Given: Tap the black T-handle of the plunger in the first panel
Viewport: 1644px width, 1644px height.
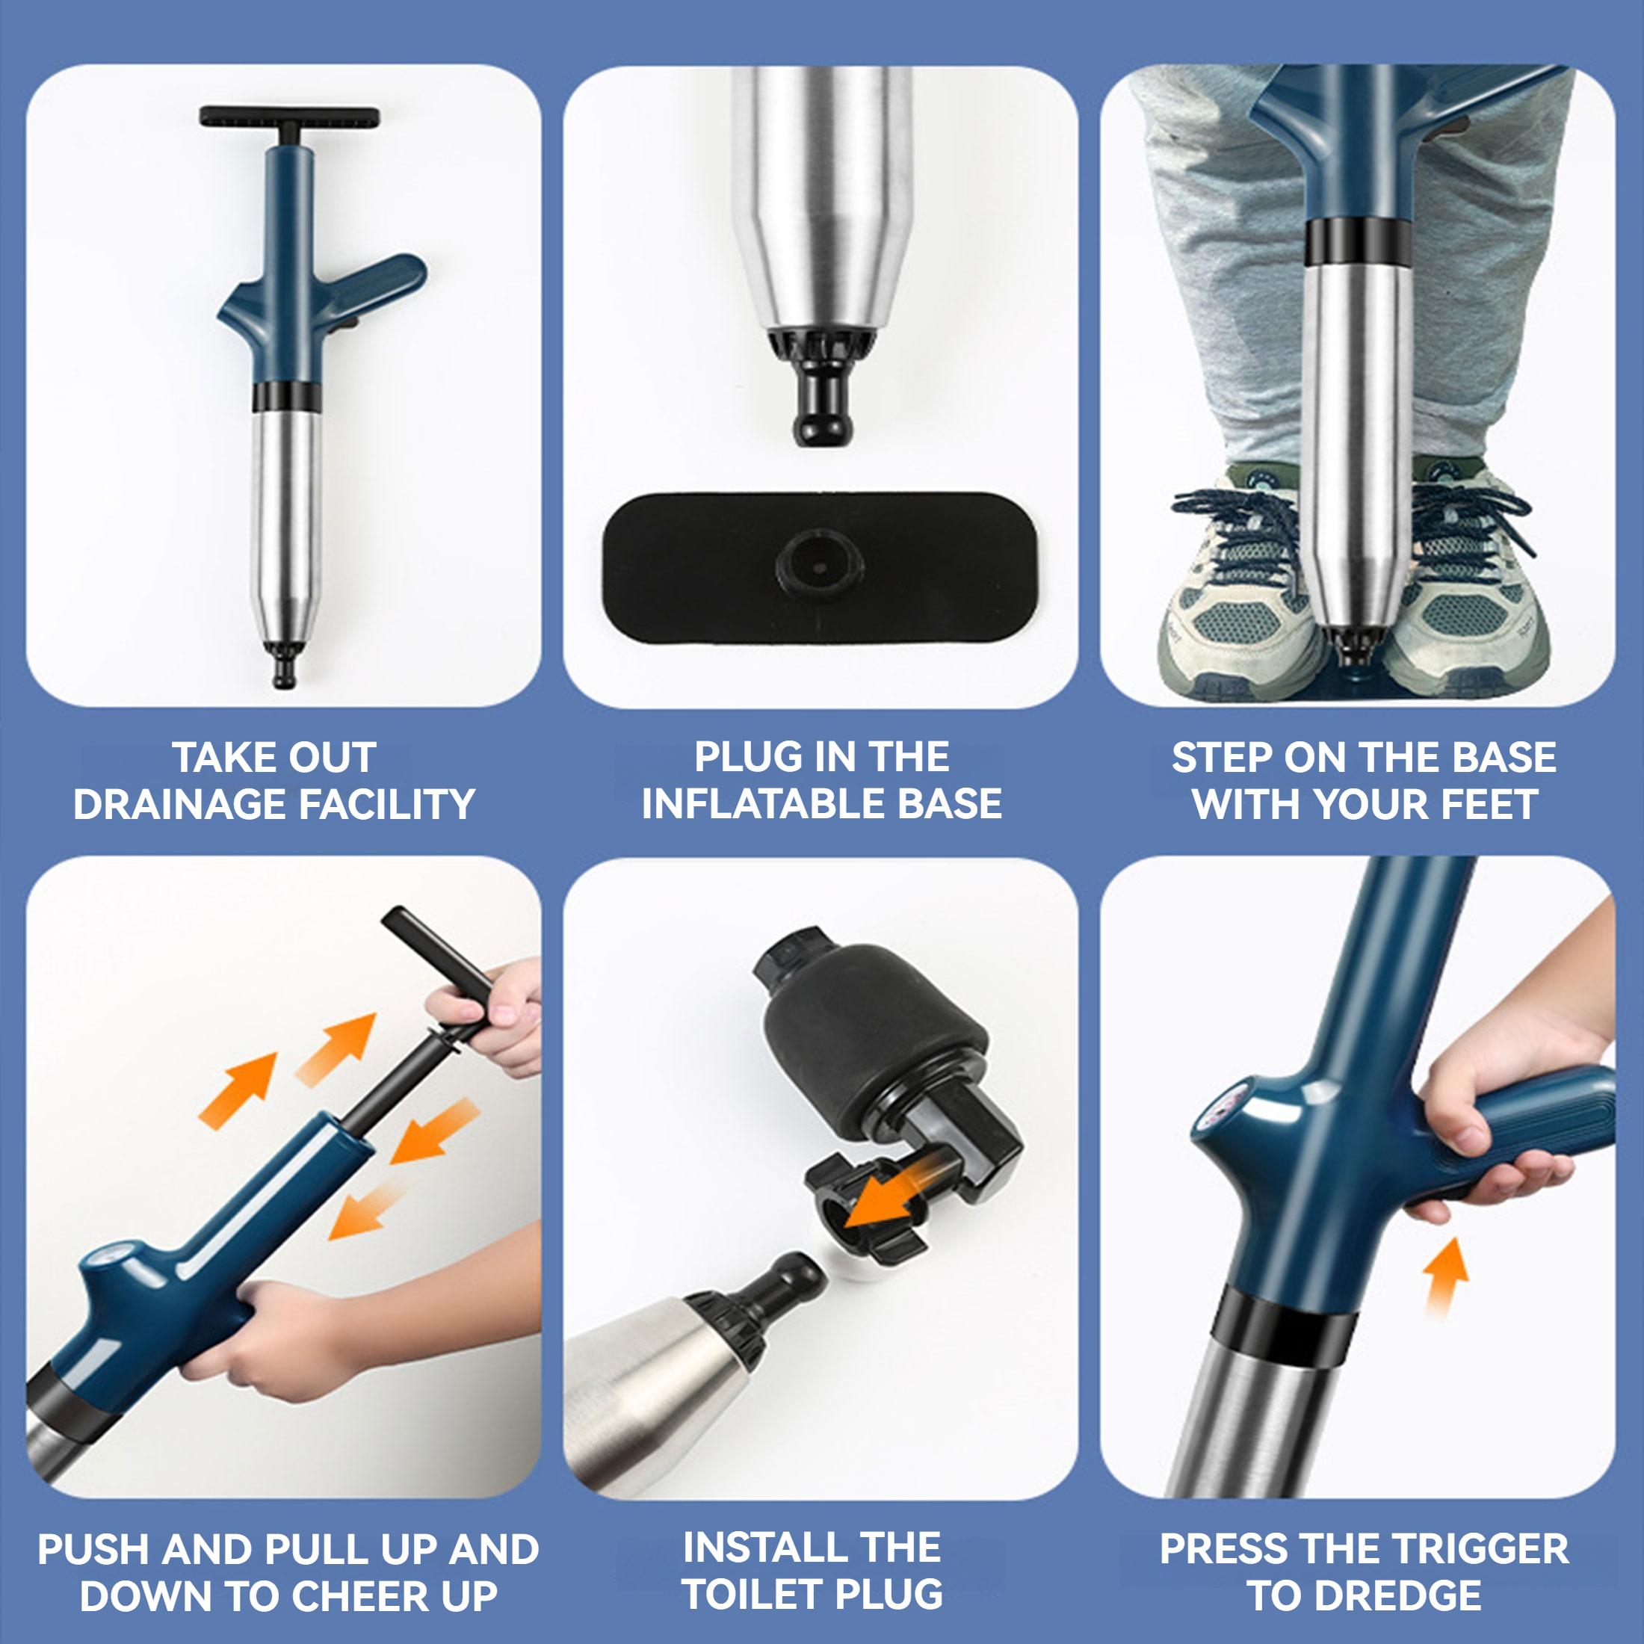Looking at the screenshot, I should coord(289,115).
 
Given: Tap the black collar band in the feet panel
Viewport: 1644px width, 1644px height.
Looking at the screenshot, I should coord(1353,241).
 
